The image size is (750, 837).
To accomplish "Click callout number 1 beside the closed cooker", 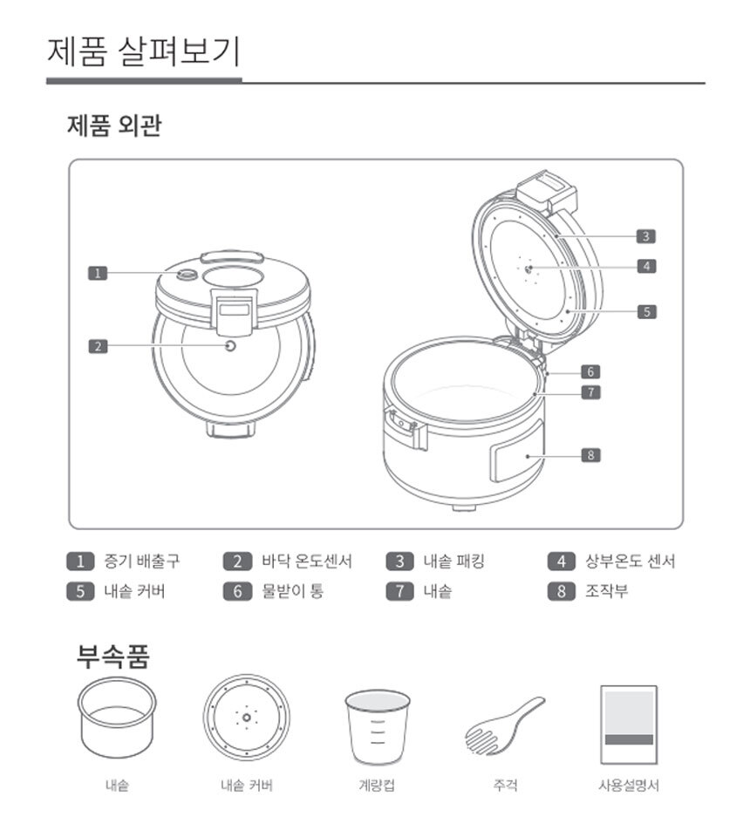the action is [98, 273].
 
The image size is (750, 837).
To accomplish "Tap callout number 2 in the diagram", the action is [98, 346].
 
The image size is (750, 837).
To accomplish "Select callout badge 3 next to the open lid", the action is [646, 236].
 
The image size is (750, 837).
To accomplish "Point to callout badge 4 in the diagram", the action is [646, 266].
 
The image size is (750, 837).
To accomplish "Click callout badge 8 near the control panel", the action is [591, 455].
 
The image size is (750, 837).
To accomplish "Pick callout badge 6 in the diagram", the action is [590, 371].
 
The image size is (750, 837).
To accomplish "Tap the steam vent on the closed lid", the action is [187, 275].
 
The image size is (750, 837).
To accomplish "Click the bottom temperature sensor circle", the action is [230, 346].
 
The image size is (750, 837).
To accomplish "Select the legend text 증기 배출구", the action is [141, 561].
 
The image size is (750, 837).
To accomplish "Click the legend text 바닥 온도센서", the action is [307, 561].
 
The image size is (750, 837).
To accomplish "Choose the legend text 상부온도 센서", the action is [631, 561].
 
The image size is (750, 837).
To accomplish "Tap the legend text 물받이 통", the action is [292, 591].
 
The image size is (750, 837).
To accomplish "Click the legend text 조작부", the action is [607, 591].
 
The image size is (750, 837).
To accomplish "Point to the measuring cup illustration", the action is [378, 727].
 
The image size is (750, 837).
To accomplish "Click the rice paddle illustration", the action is [504, 726].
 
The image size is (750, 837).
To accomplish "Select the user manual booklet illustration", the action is [629, 725].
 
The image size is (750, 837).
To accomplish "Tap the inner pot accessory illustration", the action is [117, 718].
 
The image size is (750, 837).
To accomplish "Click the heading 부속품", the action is [113, 656].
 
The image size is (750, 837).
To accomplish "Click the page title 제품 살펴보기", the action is [144, 51].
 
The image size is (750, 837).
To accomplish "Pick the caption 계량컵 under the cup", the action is [377, 786].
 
